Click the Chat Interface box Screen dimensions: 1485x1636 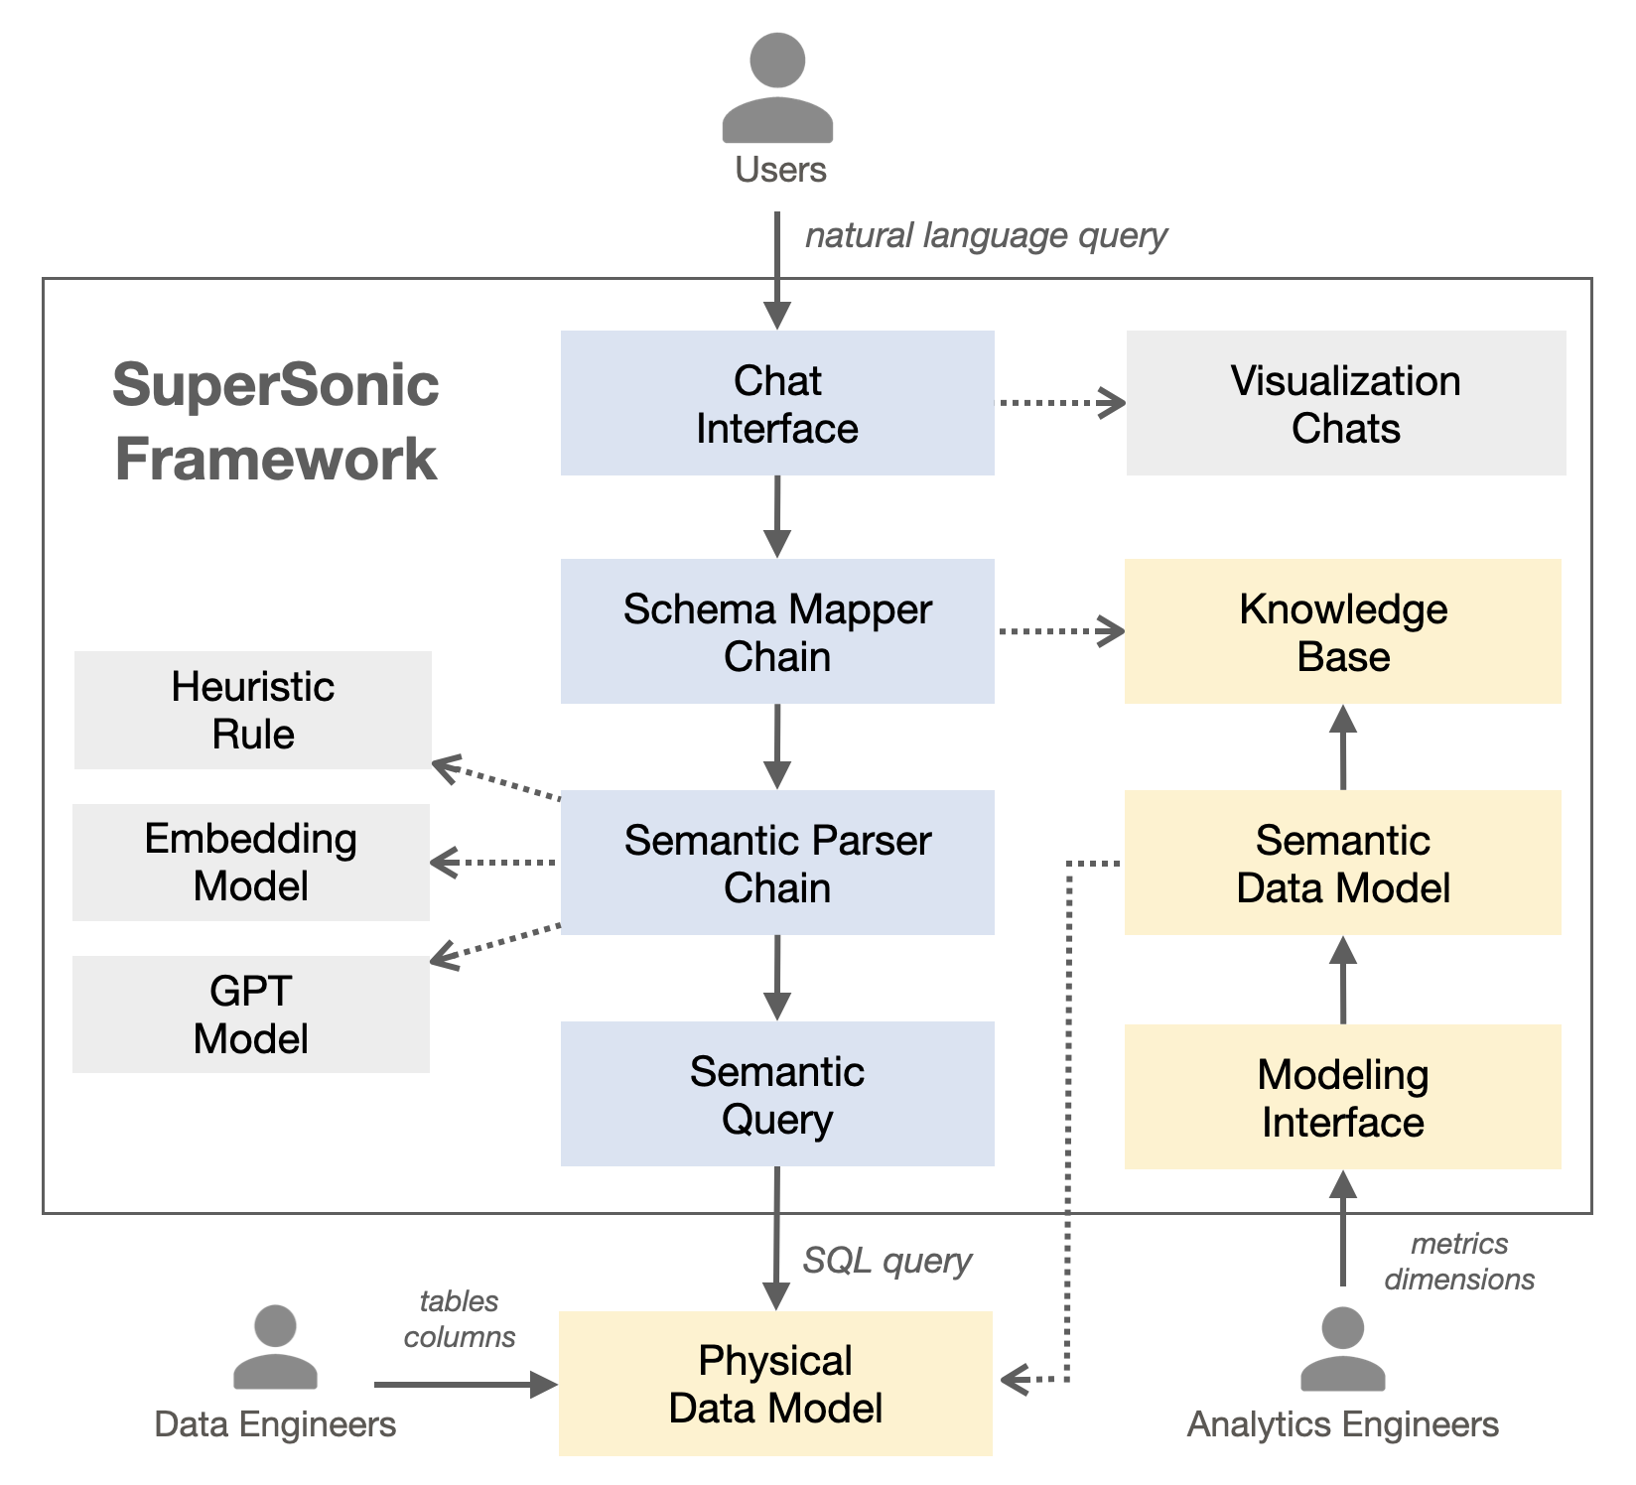[x=777, y=403]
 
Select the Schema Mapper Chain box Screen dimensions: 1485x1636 [x=777, y=631]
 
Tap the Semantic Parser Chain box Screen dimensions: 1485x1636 [x=777, y=863]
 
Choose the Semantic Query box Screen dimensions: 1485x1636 [x=777, y=1094]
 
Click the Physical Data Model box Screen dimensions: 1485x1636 [x=775, y=1384]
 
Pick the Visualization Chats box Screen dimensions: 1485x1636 [x=1345, y=403]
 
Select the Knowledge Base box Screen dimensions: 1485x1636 [x=1342, y=631]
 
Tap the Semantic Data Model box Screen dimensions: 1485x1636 [x=1342, y=863]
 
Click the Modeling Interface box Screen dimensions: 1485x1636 [x=1342, y=1097]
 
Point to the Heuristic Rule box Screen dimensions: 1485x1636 [x=253, y=710]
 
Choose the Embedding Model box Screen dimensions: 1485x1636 [x=251, y=862]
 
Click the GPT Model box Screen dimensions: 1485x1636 [x=251, y=1013]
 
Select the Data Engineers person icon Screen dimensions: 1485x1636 [x=275, y=1347]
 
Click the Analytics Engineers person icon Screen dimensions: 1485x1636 [x=1342, y=1349]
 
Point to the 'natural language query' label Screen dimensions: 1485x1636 [x=986, y=236]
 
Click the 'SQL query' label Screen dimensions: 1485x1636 [x=886, y=1261]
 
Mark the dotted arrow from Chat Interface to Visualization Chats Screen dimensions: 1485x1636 [x=1059, y=403]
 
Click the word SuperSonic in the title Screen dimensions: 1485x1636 [x=275, y=385]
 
